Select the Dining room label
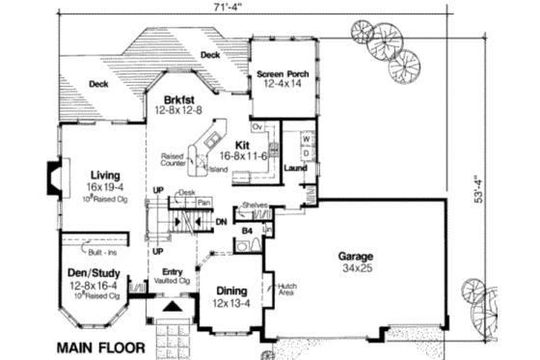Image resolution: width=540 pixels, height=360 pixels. pyautogui.click(x=232, y=291)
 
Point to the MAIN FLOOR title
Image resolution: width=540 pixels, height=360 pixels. pyautogui.click(x=99, y=345)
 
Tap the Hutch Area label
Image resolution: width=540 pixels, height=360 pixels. pyautogui.click(x=288, y=290)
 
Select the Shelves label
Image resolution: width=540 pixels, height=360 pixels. pyautogui.click(x=255, y=206)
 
